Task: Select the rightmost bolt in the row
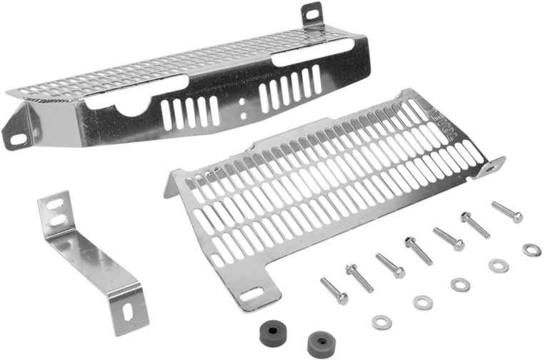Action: (507, 211)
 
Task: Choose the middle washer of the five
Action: (455, 284)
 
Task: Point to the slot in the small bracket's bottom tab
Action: (129, 314)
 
